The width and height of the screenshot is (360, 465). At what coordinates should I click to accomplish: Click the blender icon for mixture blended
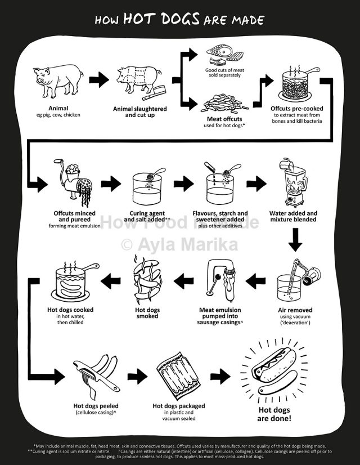(x=293, y=183)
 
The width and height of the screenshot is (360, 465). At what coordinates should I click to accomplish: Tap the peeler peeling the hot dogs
(x=96, y=374)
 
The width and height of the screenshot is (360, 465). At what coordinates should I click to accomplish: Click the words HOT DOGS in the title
(x=161, y=20)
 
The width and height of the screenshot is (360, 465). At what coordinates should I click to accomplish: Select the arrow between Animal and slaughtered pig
(x=99, y=79)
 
